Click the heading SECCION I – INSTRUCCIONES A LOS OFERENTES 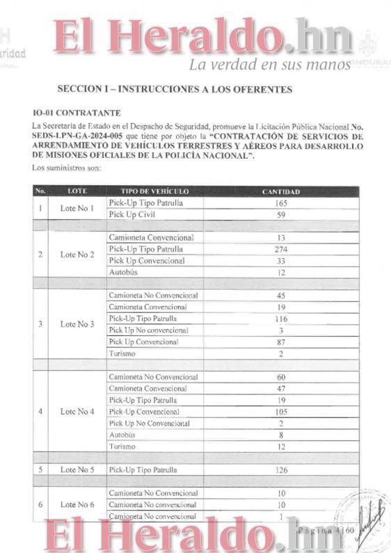click(175, 89)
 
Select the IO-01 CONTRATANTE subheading click(77, 113)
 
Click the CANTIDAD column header click(280, 191)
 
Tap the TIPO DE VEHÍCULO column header click(145, 191)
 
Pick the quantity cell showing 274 click(280, 249)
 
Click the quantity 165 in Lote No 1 click(280, 203)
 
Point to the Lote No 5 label click(77, 470)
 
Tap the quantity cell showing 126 click(280, 470)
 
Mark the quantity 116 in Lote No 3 click(280, 319)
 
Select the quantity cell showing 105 click(280, 412)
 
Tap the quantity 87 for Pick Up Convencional click(280, 342)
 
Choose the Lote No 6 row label click(77, 504)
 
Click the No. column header click(40, 191)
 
